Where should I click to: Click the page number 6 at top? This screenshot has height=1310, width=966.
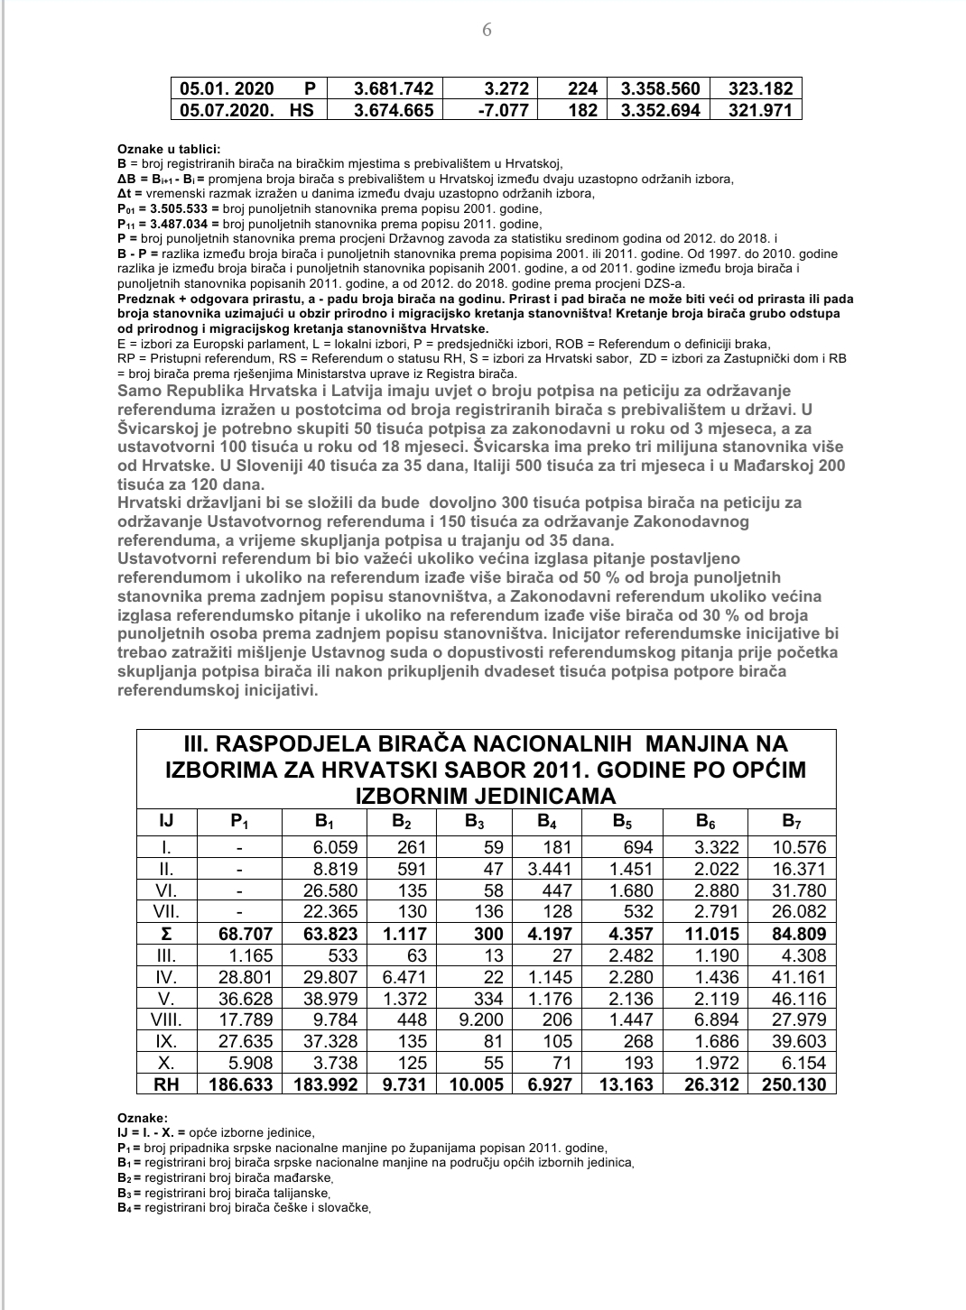[487, 30]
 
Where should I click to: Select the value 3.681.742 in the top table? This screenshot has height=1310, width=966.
[394, 88]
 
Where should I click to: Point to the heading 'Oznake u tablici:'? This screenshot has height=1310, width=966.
[168, 149]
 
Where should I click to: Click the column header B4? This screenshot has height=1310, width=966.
[546, 821]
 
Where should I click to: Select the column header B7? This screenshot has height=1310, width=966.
[791, 821]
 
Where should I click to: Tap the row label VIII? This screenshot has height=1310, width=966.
[166, 1019]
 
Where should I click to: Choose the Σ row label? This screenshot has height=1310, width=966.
[166, 934]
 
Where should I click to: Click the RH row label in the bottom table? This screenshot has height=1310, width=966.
[166, 1084]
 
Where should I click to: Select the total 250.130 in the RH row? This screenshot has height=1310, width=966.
[794, 1084]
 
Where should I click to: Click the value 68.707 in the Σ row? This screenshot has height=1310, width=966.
[245, 934]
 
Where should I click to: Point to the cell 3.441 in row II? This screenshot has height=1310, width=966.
[549, 869]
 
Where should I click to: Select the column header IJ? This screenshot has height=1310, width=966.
[166, 821]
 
